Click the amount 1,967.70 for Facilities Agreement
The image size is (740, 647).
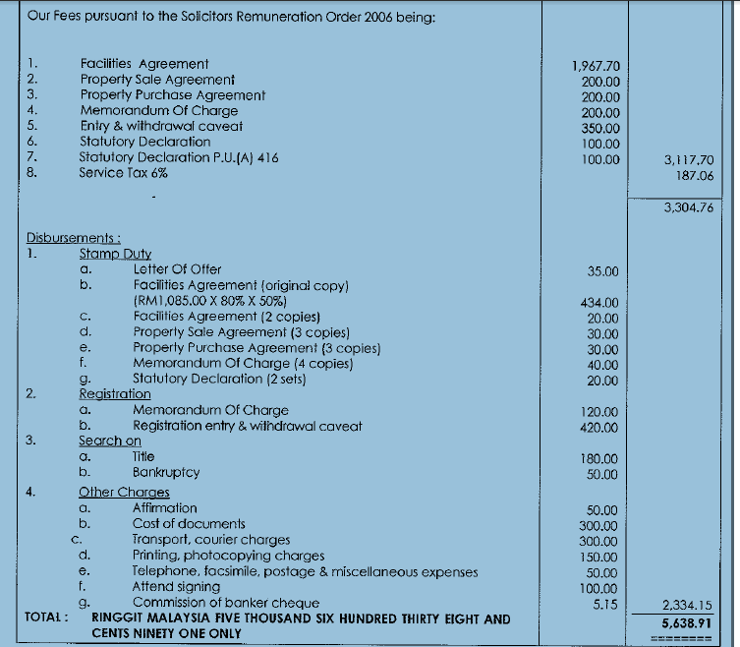point(596,66)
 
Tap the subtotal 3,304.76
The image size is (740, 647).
point(688,208)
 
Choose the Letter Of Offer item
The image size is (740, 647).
point(177,268)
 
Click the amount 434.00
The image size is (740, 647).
point(599,303)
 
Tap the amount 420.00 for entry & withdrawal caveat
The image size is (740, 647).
point(599,428)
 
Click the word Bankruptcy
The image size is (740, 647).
point(166,472)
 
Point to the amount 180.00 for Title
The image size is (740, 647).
point(599,459)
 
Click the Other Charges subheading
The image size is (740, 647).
point(124,492)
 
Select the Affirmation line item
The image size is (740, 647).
point(164,507)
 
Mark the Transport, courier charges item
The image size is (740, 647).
point(211,539)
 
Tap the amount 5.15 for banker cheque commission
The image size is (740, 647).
point(605,604)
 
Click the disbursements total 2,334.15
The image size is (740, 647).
point(687,606)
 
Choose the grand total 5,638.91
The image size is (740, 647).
point(687,622)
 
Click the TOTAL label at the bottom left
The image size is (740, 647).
point(45,618)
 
